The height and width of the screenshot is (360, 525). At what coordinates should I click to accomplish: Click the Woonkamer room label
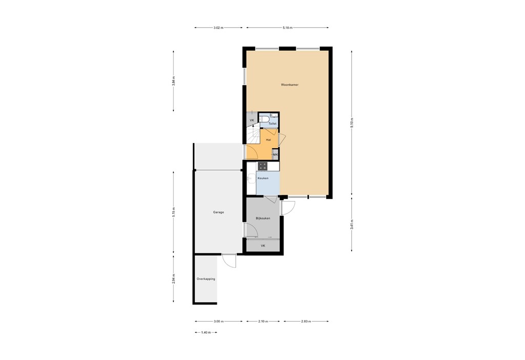point(289,85)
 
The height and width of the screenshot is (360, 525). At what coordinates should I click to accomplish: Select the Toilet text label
point(272,124)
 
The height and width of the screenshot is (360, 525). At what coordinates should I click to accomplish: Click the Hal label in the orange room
point(268,139)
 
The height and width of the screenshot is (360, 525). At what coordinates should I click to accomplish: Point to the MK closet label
point(275,154)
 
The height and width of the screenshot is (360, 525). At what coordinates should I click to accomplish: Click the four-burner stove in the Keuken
point(262,166)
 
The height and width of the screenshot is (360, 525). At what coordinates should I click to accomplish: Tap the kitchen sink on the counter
point(251,178)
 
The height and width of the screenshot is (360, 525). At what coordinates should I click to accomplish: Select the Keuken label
point(263,178)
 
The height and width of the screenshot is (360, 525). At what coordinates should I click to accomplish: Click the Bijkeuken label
point(263,218)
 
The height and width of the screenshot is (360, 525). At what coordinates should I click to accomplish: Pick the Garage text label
point(218,212)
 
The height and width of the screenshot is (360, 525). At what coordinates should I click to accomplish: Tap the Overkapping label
point(206,279)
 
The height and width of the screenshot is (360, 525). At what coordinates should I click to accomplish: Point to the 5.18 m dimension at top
point(287,28)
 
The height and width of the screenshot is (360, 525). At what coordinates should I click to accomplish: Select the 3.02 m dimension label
point(218,28)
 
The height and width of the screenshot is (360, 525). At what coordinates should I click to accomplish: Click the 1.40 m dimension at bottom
point(206,332)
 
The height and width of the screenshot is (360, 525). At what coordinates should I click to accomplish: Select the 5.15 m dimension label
point(174,212)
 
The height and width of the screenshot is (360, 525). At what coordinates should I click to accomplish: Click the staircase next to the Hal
point(253,136)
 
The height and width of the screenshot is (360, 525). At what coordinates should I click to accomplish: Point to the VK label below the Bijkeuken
point(262,246)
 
